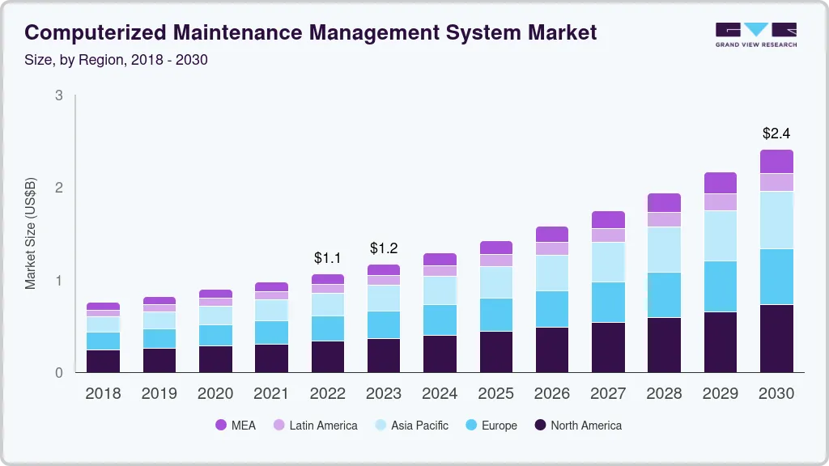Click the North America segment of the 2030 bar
click(x=776, y=338)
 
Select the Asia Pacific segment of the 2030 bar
click(x=776, y=220)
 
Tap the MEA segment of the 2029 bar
click(x=720, y=183)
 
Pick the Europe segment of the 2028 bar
click(x=664, y=294)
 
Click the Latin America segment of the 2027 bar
click(x=607, y=235)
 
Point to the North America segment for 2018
click(x=103, y=361)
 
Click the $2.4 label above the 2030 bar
click(x=776, y=133)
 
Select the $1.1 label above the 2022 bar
click(x=328, y=258)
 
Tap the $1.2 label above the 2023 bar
click(x=384, y=248)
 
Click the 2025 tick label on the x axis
click(x=495, y=394)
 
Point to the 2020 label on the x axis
click(x=215, y=394)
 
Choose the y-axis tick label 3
click(x=58, y=95)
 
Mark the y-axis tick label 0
click(x=58, y=373)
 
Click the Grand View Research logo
click(x=755, y=34)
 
